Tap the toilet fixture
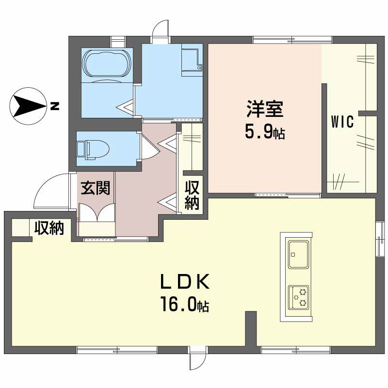coord(93,150)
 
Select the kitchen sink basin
coord(299,254)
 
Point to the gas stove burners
coord(299,297)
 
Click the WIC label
coord(342,122)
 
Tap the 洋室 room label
coord(265,109)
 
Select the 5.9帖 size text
coord(265,131)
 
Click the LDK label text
coord(185,282)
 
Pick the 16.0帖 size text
coord(185,304)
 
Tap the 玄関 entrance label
coord(96,188)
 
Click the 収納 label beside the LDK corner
coord(49,227)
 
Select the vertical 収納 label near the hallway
coord(192,195)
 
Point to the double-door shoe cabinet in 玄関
coord(97,212)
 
